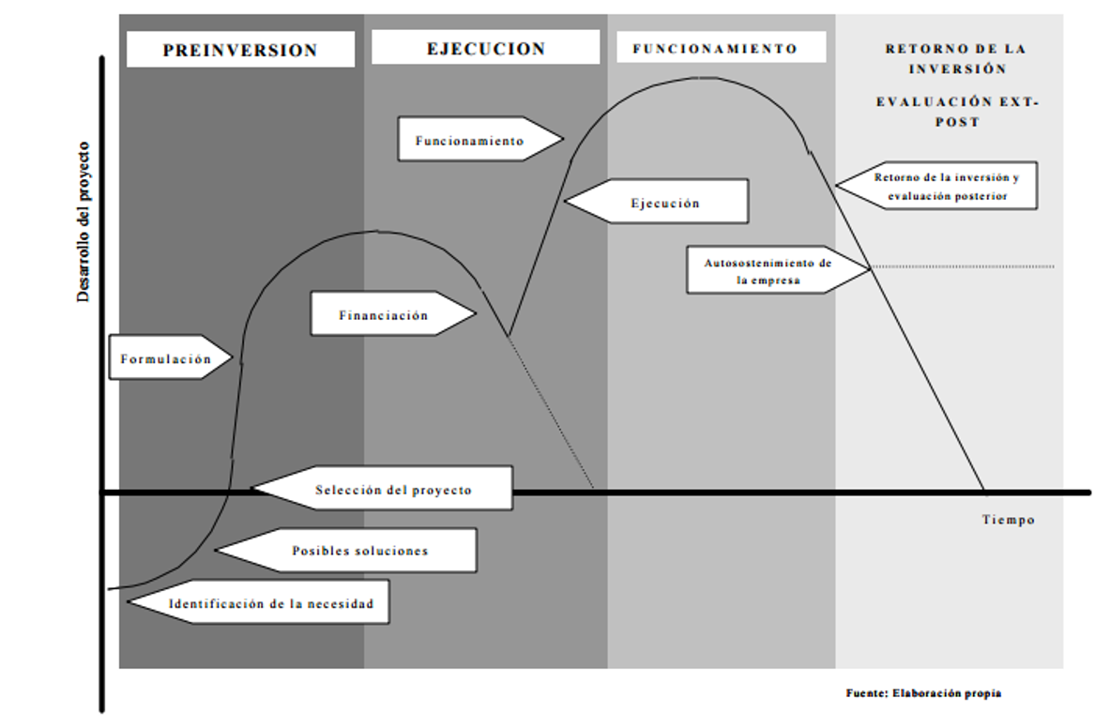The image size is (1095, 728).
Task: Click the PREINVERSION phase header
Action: (240, 50)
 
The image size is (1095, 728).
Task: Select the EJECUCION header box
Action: (485, 48)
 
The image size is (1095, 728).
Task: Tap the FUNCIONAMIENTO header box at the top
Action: (715, 48)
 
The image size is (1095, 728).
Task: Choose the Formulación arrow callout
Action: (167, 358)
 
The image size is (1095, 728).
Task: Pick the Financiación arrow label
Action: (385, 315)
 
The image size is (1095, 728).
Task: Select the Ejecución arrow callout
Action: (664, 203)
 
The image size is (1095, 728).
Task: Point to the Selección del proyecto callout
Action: (392, 490)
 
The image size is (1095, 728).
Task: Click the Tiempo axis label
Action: (1008, 520)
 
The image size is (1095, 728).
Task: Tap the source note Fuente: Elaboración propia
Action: (922, 693)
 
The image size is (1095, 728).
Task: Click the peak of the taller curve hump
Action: (702, 78)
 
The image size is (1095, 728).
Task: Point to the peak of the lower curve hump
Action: (378, 231)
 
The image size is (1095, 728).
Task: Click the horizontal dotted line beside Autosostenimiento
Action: (966, 266)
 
